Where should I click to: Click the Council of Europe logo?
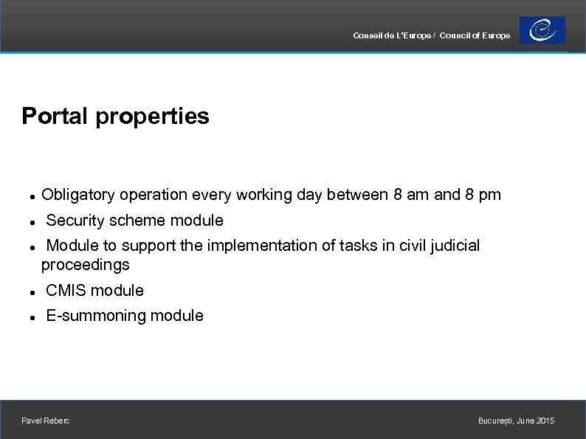[542, 30]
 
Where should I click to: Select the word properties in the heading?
[152, 117]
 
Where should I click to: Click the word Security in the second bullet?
[75, 221]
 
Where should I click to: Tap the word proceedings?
[85, 265]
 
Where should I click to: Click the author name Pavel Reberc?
[46, 421]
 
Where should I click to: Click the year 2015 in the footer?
[545, 421]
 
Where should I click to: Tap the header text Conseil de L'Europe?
[393, 35]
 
